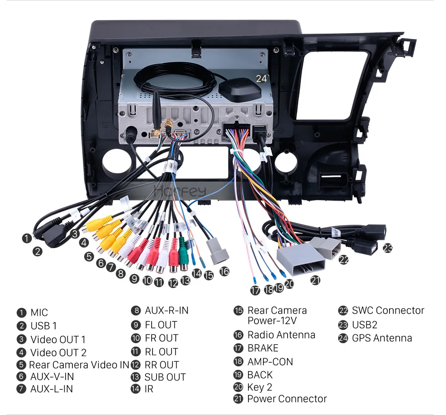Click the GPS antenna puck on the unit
240,89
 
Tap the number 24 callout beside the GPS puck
261,79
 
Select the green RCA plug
183,254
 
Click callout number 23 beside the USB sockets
387,248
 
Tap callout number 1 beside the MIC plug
27,238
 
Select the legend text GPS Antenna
382,338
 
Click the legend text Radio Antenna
281,335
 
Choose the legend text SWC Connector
388,310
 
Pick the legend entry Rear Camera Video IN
79,364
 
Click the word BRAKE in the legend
263,348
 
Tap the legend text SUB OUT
165,377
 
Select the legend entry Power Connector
287,399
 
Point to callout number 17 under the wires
255,290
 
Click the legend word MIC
39,313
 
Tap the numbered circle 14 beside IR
136,389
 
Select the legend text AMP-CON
270,362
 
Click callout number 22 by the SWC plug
344,259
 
